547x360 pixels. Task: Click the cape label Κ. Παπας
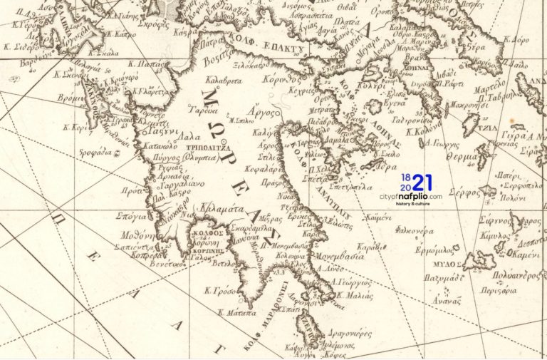coord(152,63)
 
